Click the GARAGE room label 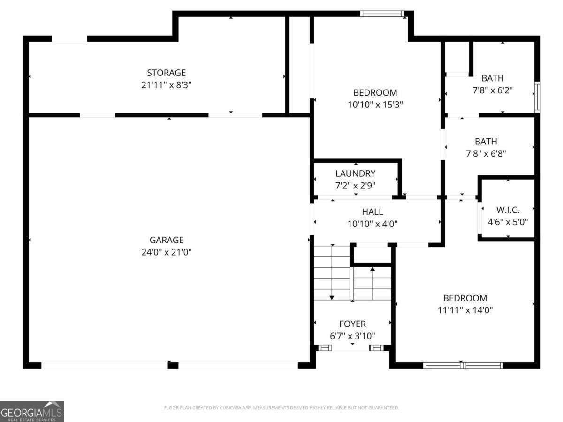tap(166, 240)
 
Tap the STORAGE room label tap(166, 73)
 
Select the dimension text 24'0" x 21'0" tap(166, 252)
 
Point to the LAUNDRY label tap(355, 173)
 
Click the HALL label tap(372, 212)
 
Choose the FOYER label tap(352, 324)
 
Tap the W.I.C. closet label tap(508, 210)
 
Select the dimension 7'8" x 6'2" tap(492, 90)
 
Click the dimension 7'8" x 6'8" tap(492, 153)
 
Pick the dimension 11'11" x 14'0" tap(465, 310)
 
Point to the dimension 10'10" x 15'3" tap(375, 105)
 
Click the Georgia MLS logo tap(32, 411)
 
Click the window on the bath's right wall tap(537, 97)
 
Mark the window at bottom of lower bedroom tap(463, 365)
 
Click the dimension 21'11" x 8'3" tap(166, 85)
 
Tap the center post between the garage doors tap(173, 365)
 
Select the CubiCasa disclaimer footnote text tap(281, 407)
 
